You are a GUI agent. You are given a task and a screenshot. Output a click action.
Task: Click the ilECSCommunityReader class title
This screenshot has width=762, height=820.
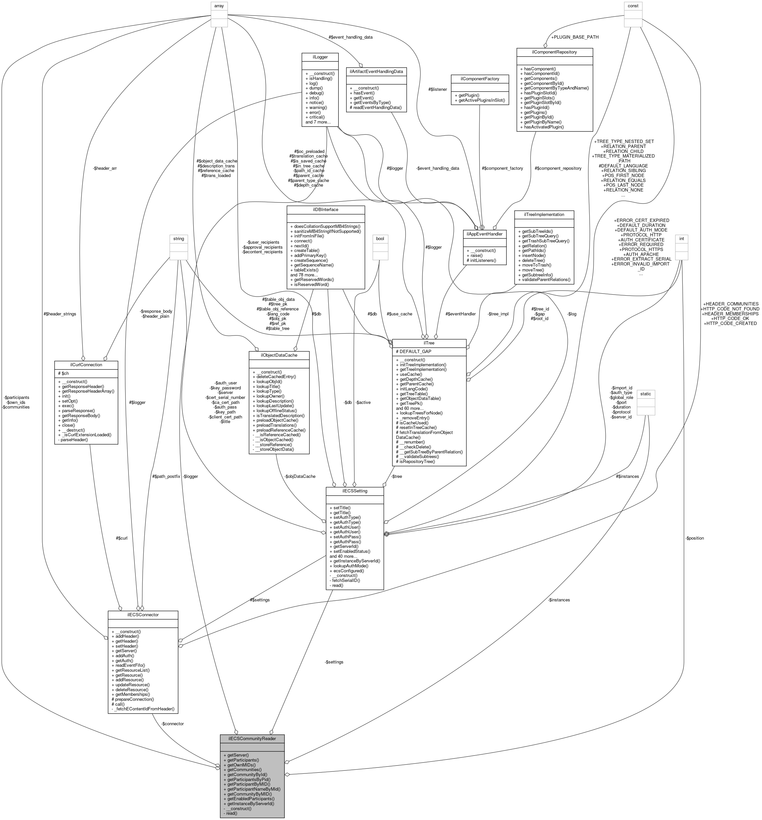(x=252, y=738)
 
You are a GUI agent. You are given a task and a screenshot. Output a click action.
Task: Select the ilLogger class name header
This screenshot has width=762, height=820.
(x=320, y=56)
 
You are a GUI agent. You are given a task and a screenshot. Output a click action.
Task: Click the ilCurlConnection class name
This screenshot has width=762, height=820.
(x=86, y=365)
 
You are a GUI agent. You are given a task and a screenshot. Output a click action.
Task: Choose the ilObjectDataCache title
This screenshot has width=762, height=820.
(x=279, y=355)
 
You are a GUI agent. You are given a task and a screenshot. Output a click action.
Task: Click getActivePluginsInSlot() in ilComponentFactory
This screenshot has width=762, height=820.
(x=480, y=101)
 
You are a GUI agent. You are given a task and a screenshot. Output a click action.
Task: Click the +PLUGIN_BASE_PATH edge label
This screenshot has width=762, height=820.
(x=575, y=37)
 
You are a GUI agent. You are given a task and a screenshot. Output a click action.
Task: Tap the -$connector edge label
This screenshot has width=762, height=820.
(x=172, y=724)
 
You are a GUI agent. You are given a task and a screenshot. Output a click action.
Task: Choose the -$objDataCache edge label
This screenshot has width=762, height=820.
(x=300, y=476)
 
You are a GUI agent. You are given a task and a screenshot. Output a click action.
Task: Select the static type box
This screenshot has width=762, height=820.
(x=645, y=394)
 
